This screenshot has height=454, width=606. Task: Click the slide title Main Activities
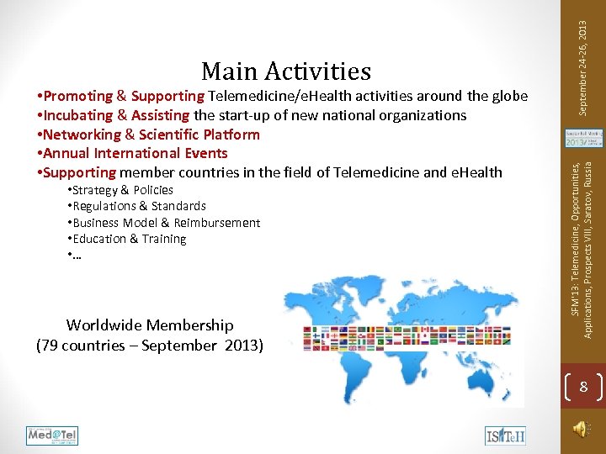(286, 71)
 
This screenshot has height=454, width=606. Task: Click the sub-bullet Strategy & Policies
(122, 190)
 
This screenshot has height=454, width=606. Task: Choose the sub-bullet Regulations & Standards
(139, 206)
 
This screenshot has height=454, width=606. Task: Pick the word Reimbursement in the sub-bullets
(220, 223)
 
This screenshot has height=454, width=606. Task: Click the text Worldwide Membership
(150, 325)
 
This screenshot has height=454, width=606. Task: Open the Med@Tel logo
(52, 436)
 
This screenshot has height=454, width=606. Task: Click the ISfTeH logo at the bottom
(505, 436)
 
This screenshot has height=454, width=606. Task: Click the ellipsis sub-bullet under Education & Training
(77, 256)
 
